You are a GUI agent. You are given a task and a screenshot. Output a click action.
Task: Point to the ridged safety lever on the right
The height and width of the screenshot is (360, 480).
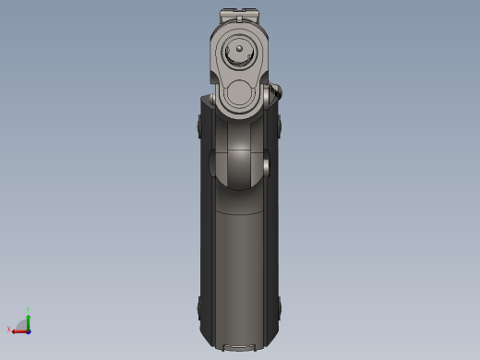pyautogui.click(x=275, y=92)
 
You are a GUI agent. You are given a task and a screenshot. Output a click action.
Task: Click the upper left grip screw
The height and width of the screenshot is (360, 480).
pyautogui.click(x=200, y=126)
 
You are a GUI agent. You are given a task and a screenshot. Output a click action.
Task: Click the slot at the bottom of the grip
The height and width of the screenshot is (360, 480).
pyautogui.click(x=240, y=348)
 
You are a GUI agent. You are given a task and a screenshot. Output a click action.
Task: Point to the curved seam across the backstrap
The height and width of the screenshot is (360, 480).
pyautogui.click(x=239, y=213)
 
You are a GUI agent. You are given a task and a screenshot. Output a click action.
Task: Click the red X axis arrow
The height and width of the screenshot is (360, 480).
pyautogui.click(x=18, y=330)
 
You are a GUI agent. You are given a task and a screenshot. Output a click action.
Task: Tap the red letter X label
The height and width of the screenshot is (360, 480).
pyautogui.click(x=9, y=329)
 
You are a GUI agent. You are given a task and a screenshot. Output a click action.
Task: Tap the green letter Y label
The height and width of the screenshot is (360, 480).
pyautogui.click(x=29, y=310)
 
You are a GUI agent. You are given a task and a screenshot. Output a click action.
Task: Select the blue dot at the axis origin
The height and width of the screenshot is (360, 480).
pyautogui.click(x=29, y=330)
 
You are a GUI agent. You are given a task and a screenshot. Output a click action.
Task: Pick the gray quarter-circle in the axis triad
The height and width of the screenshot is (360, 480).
pyautogui.click(x=23, y=325)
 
